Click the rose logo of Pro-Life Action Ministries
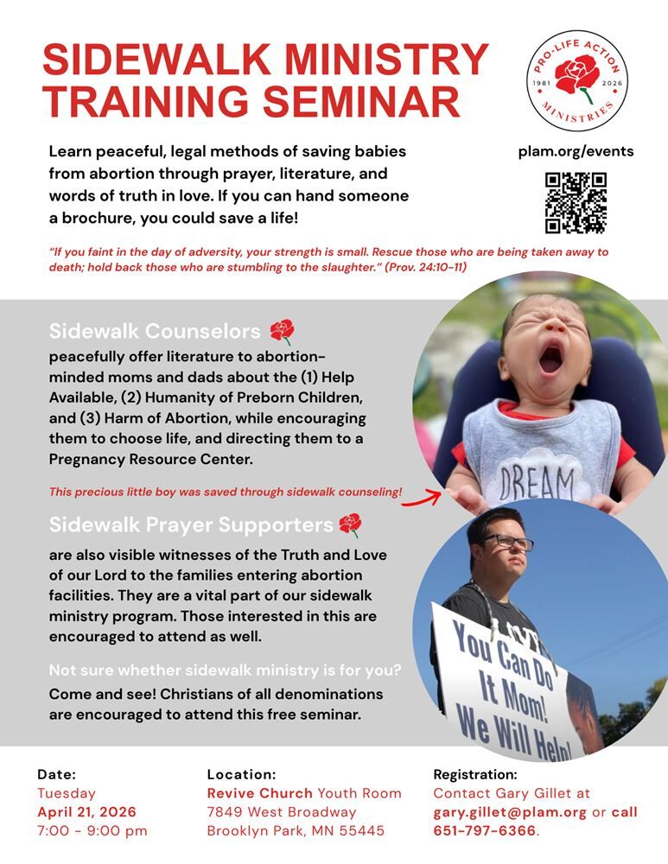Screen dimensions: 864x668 click(577, 79)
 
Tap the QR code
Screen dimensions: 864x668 click(576, 203)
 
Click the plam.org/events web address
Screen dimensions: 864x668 click(576, 151)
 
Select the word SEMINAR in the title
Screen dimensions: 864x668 click(362, 101)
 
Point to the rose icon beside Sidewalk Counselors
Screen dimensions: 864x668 click(282, 332)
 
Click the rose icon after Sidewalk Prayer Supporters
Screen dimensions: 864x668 click(350, 524)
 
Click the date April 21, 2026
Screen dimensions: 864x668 click(86, 812)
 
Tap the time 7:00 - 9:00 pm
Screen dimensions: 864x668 click(92, 831)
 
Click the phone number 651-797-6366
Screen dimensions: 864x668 click(484, 831)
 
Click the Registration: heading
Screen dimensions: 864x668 click(474, 774)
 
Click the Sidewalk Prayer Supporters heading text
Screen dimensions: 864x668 click(191, 524)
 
